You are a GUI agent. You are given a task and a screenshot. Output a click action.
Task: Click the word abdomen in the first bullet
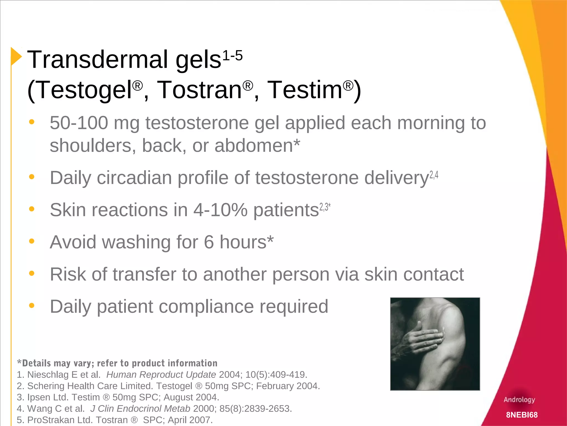(x=254, y=146)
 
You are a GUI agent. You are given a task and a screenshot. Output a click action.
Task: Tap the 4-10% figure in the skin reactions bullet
(x=220, y=210)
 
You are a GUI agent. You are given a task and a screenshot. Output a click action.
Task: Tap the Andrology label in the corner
(x=519, y=400)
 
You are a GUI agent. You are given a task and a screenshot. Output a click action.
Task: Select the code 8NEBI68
(x=522, y=415)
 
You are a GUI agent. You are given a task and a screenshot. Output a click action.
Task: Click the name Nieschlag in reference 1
(x=48, y=375)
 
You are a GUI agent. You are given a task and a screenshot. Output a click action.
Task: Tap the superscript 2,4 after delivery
(x=434, y=175)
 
